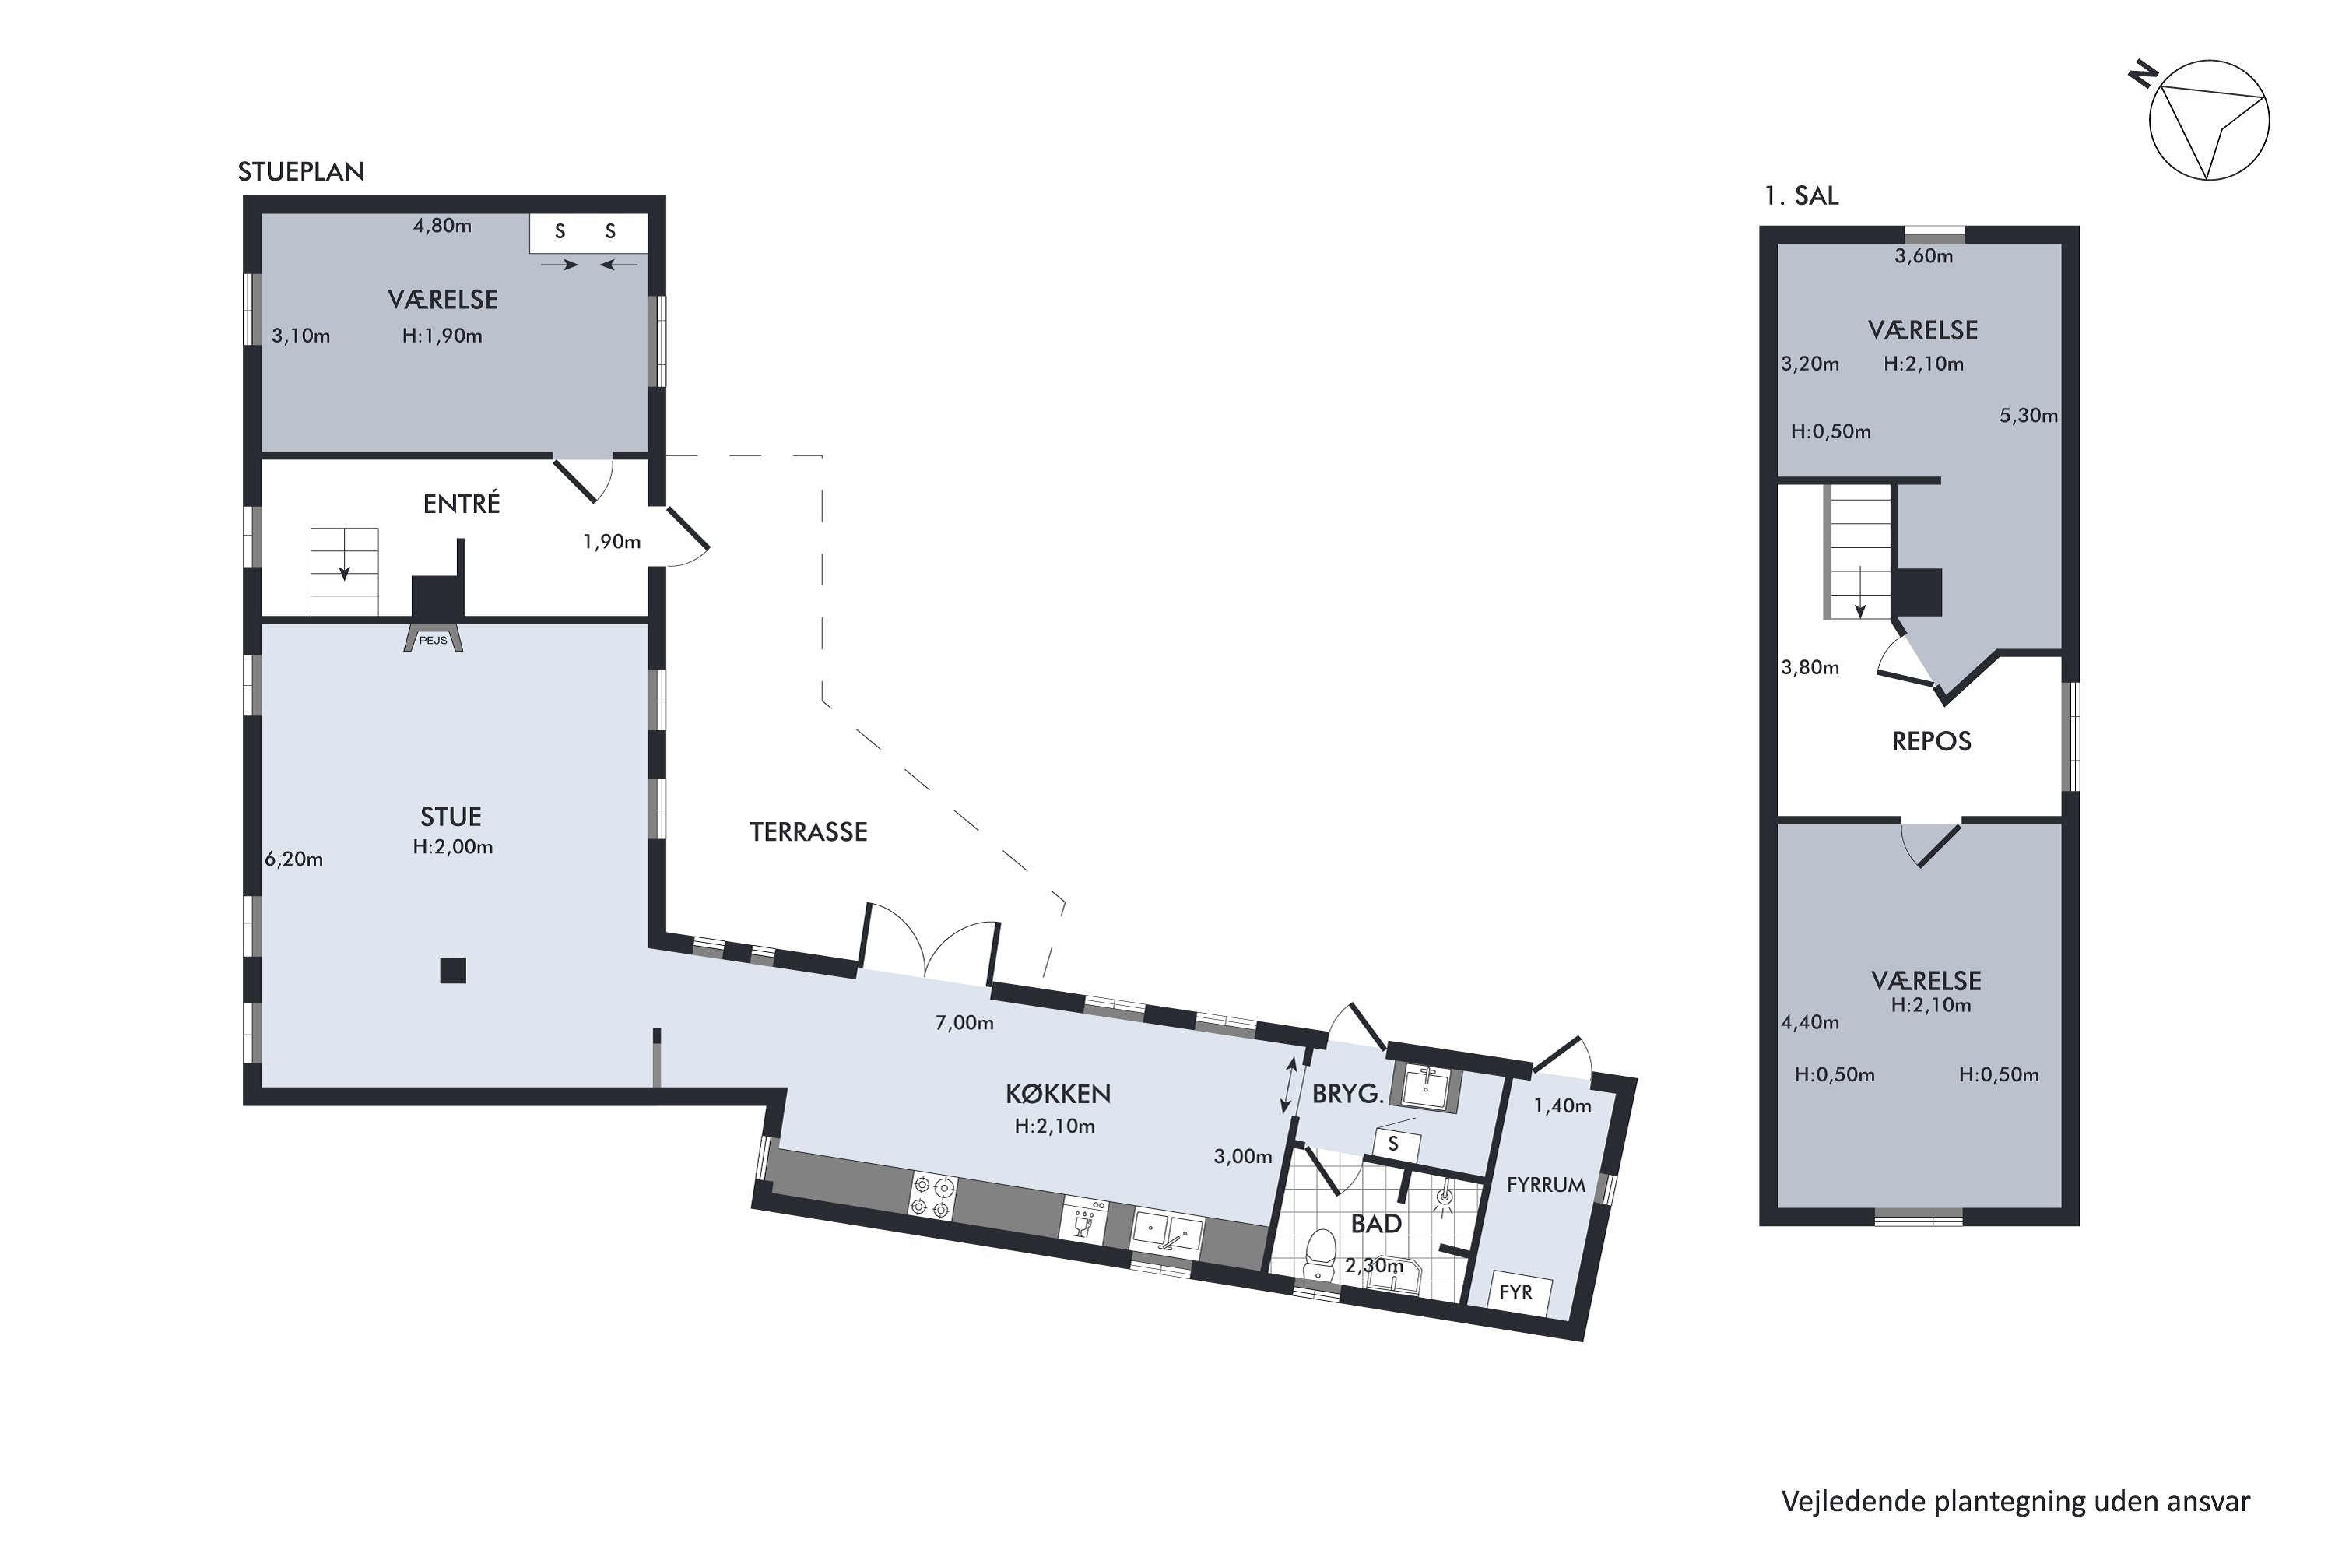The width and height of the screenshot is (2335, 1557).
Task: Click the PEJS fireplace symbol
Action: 433,638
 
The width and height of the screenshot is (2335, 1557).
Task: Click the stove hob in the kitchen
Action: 933,1196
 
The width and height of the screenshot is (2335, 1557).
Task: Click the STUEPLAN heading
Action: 300,172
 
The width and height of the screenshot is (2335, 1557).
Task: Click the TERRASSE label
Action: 808,832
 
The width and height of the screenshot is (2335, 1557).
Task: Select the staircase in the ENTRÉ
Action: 345,572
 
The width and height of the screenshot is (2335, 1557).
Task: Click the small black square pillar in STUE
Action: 453,970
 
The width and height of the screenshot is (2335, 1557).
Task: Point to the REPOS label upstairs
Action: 1931,741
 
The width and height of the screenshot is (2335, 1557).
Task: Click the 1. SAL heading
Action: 1801,195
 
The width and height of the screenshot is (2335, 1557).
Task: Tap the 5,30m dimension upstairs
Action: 2028,415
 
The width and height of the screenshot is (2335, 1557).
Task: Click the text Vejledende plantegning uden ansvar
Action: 2015,1500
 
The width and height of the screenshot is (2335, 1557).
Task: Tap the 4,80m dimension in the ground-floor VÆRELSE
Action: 442,226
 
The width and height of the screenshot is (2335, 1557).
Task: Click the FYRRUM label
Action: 1545,1185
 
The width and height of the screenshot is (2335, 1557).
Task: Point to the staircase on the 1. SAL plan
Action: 1859,554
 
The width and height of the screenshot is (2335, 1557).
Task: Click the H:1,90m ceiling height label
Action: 442,336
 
